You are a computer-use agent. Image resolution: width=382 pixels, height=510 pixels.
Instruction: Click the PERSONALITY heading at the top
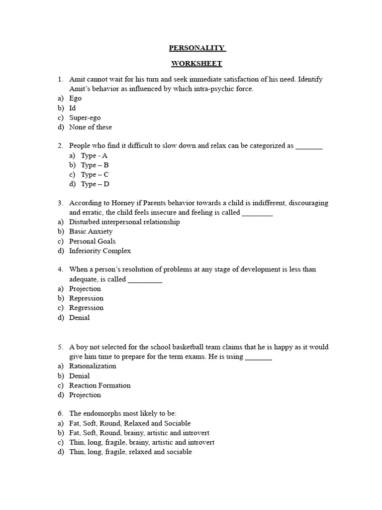pos(197,48)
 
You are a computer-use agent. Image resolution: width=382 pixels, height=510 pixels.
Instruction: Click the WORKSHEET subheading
pos(196,63)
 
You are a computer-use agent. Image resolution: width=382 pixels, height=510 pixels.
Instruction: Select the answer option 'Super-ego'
pos(85,118)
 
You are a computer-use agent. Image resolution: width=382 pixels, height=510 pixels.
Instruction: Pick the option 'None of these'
pos(91,127)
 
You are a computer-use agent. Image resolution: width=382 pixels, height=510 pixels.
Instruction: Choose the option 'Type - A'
pos(94,155)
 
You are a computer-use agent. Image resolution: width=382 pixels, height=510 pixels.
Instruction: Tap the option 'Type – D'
pos(95,184)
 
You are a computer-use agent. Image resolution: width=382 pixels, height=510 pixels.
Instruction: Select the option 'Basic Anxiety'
pos(91,231)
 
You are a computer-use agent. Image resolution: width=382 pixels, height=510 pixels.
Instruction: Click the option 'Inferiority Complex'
pos(100,251)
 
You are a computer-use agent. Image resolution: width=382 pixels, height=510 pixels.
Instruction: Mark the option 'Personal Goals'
pos(92,241)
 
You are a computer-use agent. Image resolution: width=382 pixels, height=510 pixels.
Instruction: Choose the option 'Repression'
pos(86,298)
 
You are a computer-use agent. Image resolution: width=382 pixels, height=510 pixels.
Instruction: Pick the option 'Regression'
pos(86,307)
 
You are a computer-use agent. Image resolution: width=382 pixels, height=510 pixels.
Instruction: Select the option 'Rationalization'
pos(93,366)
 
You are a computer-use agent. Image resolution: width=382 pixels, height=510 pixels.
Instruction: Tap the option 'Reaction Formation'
pos(99,385)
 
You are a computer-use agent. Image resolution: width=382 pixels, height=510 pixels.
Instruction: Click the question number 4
pos(60,269)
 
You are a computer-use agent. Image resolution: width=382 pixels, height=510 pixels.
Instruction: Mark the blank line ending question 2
pos(309,147)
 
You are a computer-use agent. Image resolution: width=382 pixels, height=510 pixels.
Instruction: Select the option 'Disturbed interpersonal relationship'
pos(124,222)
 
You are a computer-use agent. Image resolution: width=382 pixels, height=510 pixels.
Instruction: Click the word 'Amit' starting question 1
pos(77,80)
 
